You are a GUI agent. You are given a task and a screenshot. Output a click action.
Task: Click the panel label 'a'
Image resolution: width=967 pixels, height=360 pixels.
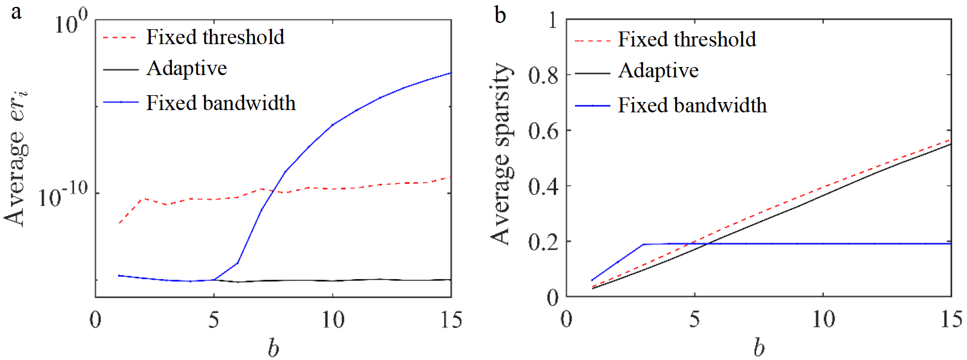coord(16,12)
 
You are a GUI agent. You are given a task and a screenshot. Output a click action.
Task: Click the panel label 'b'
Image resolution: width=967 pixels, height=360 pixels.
coord(500,14)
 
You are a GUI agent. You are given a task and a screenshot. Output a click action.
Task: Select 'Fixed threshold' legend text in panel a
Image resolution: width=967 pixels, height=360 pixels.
coord(215,37)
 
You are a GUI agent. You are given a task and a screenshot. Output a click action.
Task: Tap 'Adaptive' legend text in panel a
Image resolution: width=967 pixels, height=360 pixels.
coord(187,68)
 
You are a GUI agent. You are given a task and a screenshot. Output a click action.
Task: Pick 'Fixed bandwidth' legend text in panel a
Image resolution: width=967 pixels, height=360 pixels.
coord(221,103)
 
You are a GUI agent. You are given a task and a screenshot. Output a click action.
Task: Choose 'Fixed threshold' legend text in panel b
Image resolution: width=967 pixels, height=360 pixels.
coord(687,40)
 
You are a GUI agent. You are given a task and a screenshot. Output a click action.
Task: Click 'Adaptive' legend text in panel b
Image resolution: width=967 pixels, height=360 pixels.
coord(658,71)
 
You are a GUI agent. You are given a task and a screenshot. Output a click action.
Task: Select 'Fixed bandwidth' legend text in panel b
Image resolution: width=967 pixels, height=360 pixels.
coord(692,105)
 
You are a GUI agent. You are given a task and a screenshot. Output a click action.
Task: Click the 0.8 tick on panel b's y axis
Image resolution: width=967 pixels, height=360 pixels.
coord(543,75)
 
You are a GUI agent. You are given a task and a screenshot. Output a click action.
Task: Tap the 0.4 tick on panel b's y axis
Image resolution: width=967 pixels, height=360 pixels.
coord(543,186)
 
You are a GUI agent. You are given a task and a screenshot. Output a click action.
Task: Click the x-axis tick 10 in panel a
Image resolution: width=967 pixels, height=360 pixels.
coord(332,320)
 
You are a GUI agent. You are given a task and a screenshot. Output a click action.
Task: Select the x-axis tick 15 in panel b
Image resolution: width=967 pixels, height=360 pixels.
coord(951,320)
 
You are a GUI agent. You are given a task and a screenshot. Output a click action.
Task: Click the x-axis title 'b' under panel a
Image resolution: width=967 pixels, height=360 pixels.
coord(273,347)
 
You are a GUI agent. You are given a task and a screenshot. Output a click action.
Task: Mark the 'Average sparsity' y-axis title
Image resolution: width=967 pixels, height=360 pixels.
coord(500,154)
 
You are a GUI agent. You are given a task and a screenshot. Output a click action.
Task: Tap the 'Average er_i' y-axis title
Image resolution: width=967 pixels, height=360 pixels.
coord(16,158)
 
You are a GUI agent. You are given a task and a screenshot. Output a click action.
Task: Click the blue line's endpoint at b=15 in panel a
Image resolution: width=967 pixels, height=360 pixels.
coord(451,73)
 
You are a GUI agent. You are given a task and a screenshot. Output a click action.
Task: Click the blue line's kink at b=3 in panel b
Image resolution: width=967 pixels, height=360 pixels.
coord(643,244)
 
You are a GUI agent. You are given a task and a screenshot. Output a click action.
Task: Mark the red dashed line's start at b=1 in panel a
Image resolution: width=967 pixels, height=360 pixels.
coord(119,223)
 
